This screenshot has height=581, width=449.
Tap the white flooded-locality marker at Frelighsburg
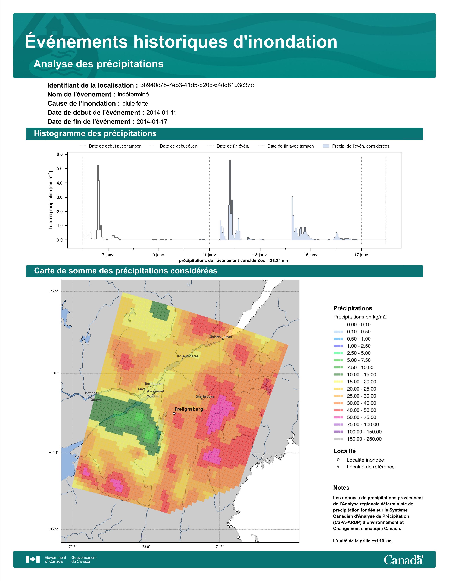[174, 413]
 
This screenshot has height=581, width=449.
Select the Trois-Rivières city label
[187, 356]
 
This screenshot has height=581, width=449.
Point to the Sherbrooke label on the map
[205, 397]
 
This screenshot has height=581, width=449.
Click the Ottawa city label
[96, 400]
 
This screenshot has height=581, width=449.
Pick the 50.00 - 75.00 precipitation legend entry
[355, 418]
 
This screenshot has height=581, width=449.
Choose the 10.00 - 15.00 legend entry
[355, 374]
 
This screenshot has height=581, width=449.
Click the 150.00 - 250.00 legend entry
[357, 439]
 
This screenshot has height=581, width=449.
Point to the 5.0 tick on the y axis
[60, 169]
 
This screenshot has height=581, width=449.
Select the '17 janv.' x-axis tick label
[361, 255]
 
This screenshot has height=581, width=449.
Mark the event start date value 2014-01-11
[162, 113]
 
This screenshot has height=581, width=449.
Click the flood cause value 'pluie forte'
[135, 104]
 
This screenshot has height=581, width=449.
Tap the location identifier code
[197, 85]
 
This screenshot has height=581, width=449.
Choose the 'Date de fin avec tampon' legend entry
[286, 146]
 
